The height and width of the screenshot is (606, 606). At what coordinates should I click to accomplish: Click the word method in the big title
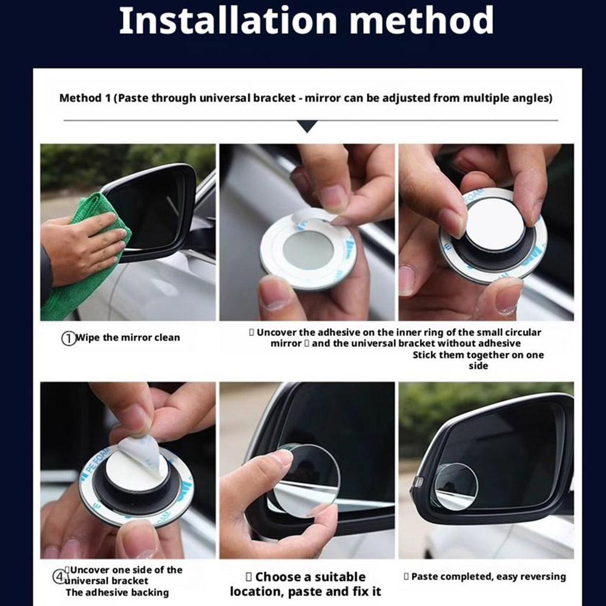(x=421, y=21)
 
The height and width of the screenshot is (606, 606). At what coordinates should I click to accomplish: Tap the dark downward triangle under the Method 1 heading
(x=308, y=126)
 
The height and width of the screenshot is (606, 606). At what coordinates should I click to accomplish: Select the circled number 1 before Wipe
(x=68, y=338)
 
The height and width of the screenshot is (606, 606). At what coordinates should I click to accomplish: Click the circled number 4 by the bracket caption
(x=59, y=577)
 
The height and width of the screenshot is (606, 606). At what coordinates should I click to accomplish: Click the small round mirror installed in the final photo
(x=456, y=486)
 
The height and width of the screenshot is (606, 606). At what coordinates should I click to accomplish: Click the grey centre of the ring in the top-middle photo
(x=308, y=249)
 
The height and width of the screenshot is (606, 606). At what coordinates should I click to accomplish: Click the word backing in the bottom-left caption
(x=150, y=593)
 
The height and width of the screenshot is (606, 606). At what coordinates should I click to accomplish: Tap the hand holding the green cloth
(x=83, y=248)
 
